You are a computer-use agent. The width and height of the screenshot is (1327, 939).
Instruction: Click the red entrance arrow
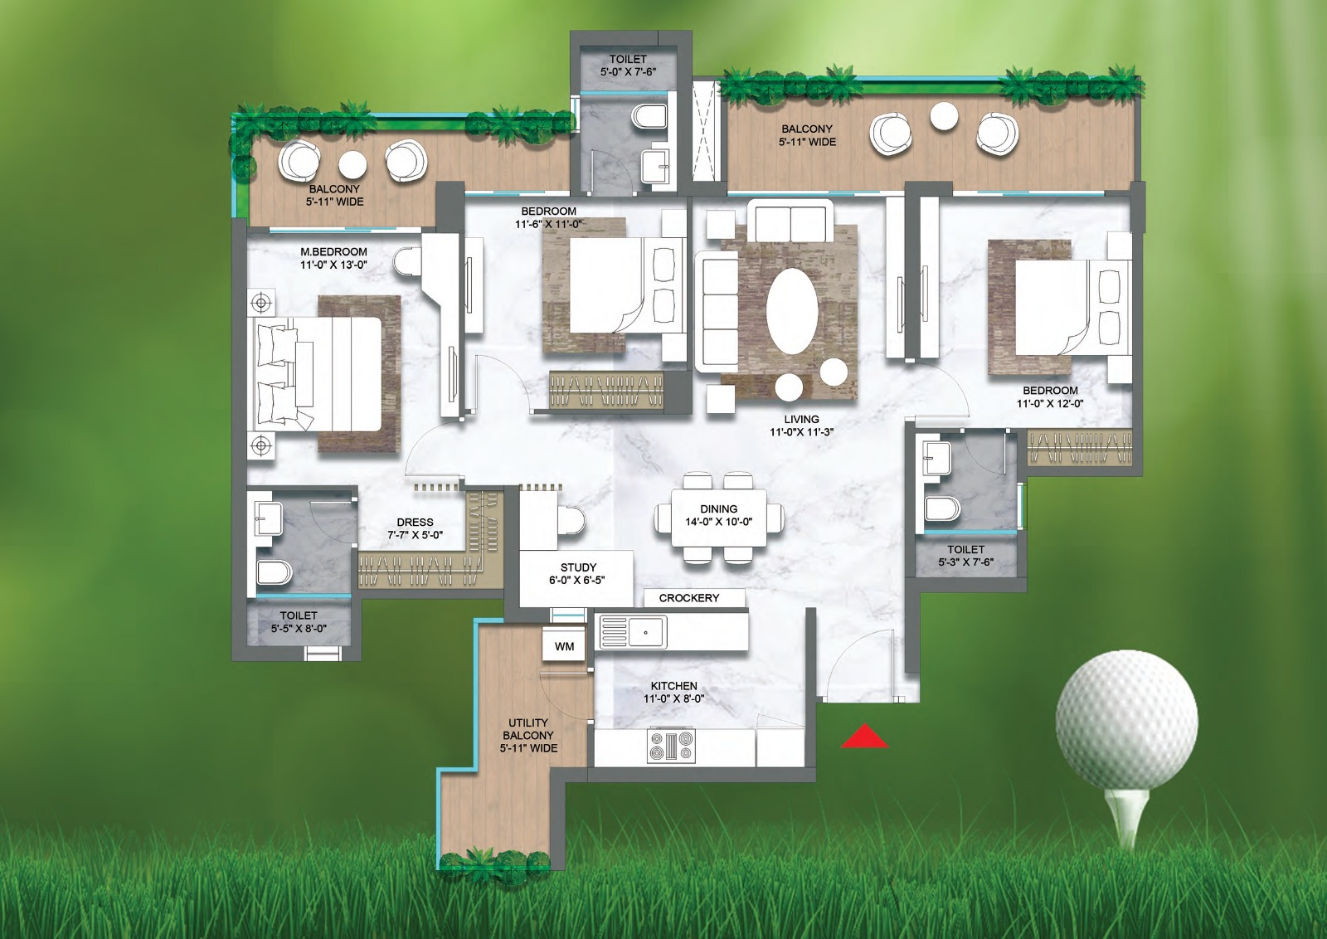tap(864, 737)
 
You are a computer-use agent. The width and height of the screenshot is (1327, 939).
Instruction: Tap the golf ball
tap(1126, 720)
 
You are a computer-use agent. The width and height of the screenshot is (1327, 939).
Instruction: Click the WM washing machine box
tap(564, 646)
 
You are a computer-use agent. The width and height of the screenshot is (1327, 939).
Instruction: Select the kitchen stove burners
tap(671, 746)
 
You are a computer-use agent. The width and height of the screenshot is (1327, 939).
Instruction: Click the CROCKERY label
tap(689, 597)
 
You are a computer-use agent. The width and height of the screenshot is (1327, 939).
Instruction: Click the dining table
tap(718, 521)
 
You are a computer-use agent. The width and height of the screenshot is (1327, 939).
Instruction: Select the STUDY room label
tap(578, 567)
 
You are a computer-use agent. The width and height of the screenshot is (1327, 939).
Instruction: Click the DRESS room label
tap(415, 522)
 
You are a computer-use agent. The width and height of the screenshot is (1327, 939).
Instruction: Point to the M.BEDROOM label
tap(333, 251)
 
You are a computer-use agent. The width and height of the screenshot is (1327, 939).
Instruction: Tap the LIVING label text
tap(801, 419)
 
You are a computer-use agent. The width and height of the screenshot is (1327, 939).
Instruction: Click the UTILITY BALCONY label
tap(528, 729)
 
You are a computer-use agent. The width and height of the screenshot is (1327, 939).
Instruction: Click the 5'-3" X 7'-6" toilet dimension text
tap(966, 562)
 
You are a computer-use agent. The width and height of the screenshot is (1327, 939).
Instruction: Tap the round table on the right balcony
tap(944, 116)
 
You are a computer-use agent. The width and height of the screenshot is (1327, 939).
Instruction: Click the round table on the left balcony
tap(352, 163)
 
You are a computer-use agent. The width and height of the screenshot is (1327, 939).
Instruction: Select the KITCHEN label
tap(673, 686)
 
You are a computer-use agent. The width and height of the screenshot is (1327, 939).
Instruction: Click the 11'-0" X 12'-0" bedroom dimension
tap(1050, 403)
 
